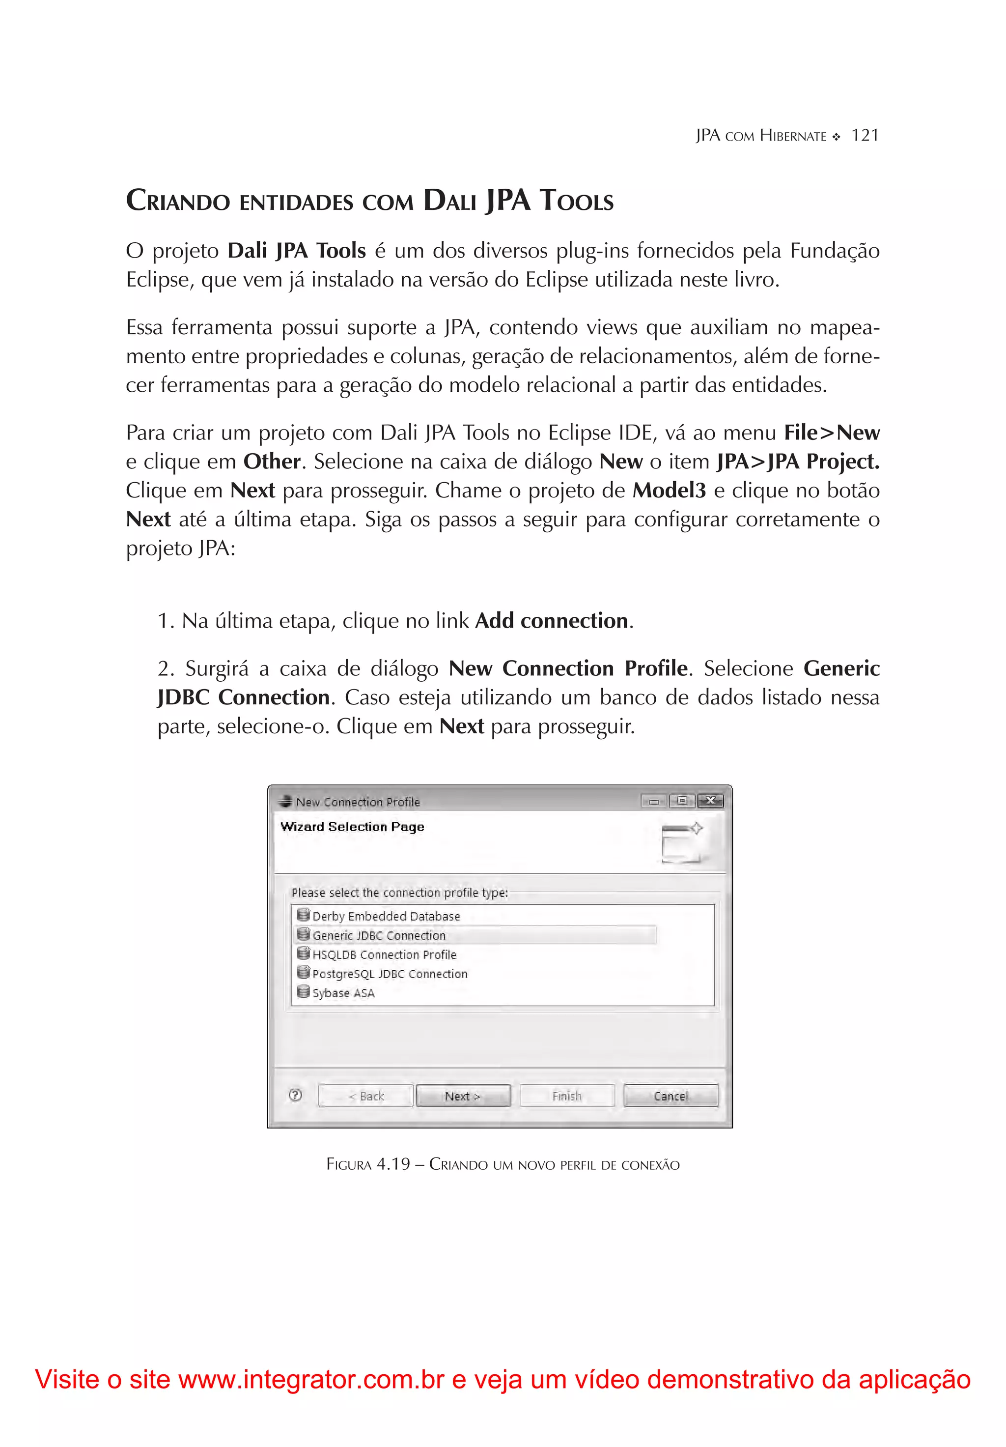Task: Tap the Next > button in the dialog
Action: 463,1096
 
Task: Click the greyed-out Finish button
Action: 566,1096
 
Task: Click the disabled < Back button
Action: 365,1096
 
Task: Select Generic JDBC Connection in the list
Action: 379,935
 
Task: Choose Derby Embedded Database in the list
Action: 386,916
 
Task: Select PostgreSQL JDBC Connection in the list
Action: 390,974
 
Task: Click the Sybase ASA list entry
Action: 343,993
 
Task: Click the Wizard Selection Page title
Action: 352,827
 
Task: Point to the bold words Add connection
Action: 551,621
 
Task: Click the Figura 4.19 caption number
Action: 393,1164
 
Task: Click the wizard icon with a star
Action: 682,842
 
